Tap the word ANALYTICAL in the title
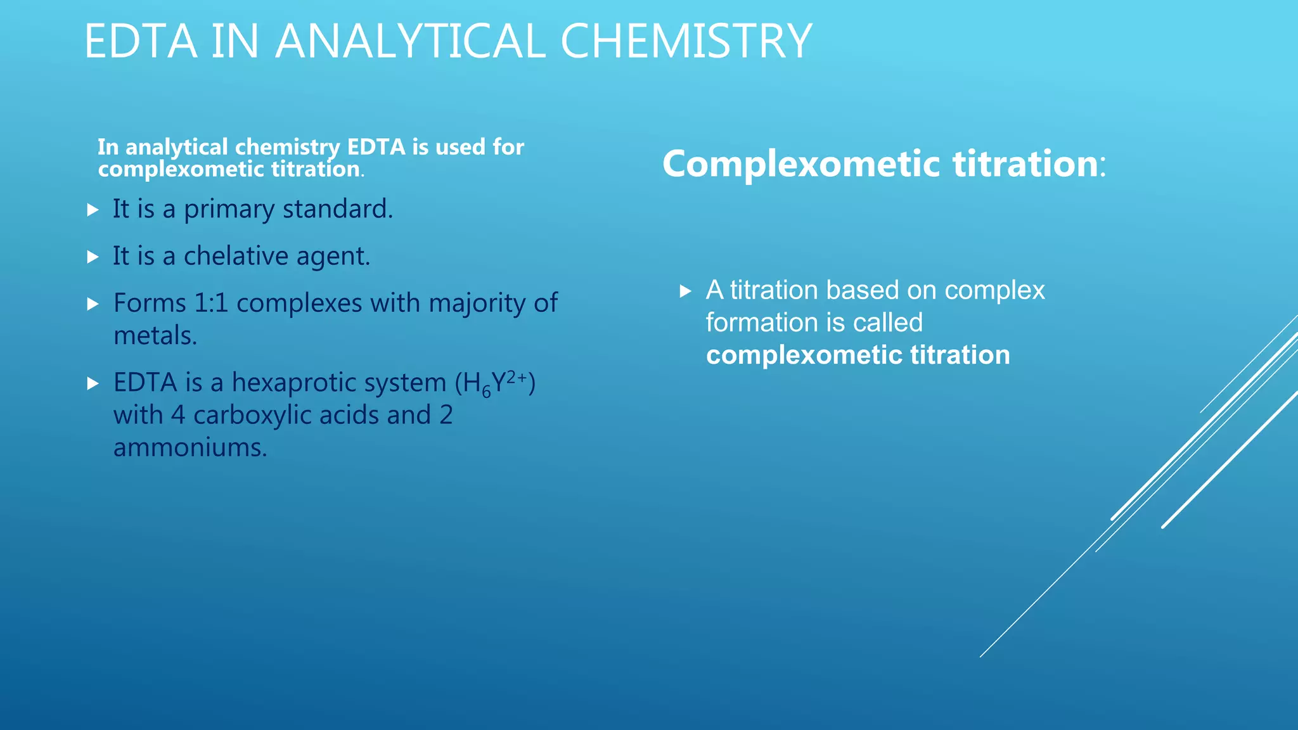(409, 41)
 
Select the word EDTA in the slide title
(140, 41)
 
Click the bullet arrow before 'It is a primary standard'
(93, 210)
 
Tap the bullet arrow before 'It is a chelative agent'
(93, 257)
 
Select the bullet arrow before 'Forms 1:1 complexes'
(93, 304)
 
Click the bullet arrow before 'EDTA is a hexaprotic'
(93, 383)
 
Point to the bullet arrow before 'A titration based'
(685, 291)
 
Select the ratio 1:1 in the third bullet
(211, 304)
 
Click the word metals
(155, 336)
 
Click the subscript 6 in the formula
(486, 392)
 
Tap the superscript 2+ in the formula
(517, 377)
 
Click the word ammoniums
(190, 448)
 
